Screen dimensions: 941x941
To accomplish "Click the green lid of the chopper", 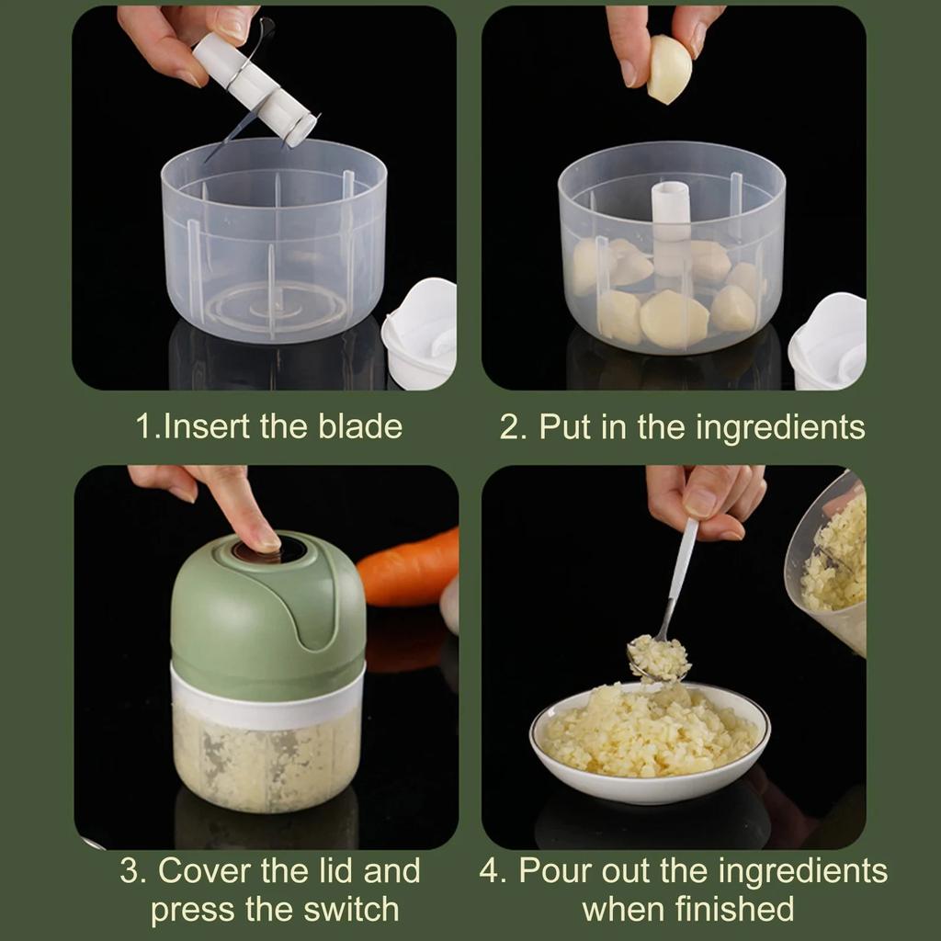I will (x=266, y=607).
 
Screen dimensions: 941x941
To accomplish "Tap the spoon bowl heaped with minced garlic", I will (x=658, y=657).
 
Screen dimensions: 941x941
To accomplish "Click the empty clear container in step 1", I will (x=273, y=248).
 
